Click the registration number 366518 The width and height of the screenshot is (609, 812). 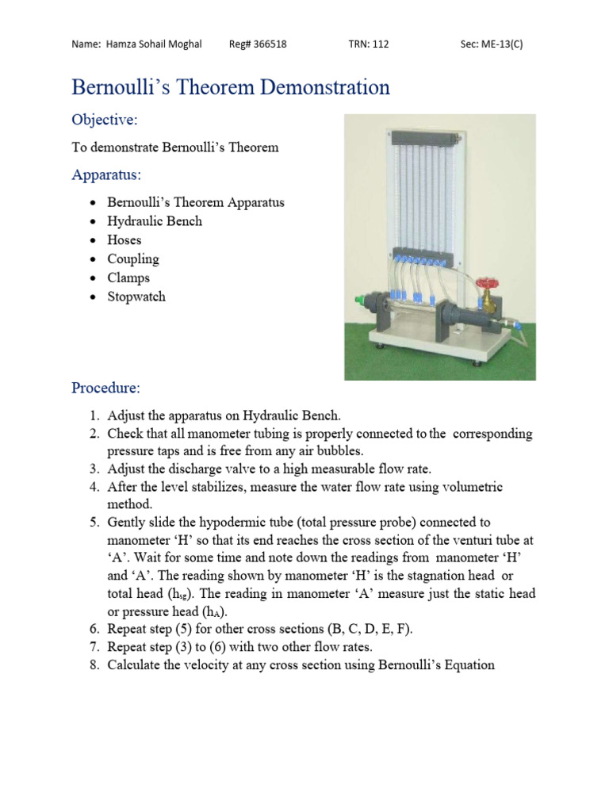click(269, 44)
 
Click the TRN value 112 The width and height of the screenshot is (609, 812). click(380, 44)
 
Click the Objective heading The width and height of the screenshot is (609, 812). click(105, 120)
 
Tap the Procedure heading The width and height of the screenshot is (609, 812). click(105, 388)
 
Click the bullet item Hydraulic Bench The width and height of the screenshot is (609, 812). click(155, 221)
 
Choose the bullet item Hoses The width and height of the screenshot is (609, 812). click(124, 240)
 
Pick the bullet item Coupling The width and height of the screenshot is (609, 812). click(133, 259)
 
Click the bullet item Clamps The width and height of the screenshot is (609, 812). click(128, 278)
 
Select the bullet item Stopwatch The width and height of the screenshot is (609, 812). click(136, 297)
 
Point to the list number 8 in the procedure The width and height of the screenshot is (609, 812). click(93, 665)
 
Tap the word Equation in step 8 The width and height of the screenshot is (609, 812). click(465, 665)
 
